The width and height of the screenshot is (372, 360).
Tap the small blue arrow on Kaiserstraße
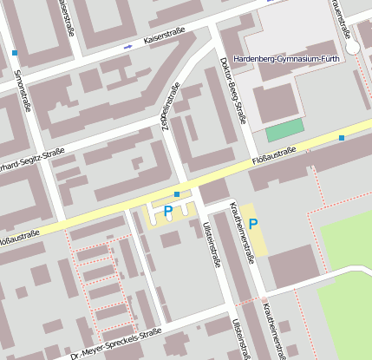(128, 45)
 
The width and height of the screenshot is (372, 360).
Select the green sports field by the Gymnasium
(284, 131)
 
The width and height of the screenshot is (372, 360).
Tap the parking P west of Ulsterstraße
(168, 211)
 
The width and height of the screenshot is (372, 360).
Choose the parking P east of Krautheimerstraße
(253, 224)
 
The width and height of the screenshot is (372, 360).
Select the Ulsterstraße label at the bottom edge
(238, 338)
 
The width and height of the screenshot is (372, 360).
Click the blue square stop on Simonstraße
(15, 53)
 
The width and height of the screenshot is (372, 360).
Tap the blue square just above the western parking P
(177, 193)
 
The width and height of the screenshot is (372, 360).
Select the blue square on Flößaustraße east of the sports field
(342, 138)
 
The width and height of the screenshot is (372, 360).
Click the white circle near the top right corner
(353, 48)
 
